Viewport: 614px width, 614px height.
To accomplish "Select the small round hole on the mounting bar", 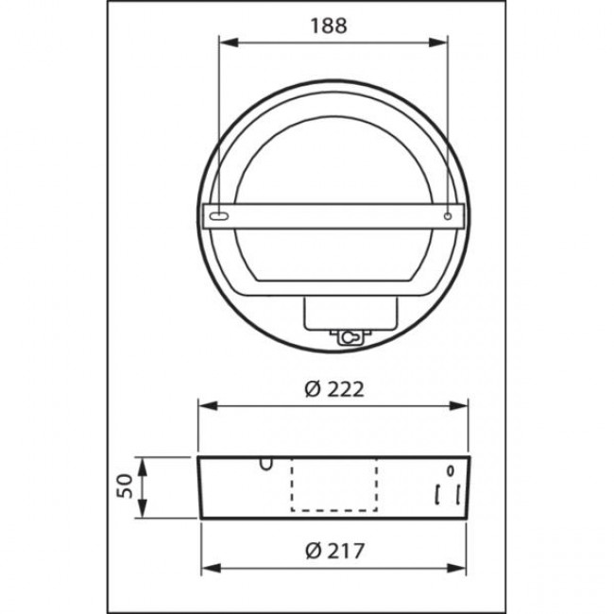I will (448, 216).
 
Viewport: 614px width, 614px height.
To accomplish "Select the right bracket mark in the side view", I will (458, 494).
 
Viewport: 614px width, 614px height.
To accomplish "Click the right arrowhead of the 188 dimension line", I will (441, 42).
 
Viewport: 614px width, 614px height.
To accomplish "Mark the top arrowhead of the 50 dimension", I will (145, 462).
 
